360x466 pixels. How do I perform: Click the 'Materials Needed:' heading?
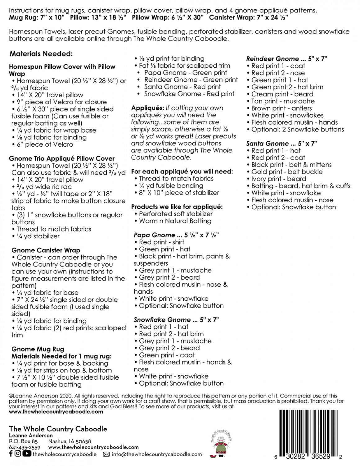point(41,54)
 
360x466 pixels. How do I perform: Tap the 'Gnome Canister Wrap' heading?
point(46,250)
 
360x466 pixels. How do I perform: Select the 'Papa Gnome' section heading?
point(154,235)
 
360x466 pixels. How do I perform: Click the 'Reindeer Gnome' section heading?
point(272,59)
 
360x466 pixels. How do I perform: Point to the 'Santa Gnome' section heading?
point(267,144)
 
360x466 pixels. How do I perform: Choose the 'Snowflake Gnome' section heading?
point(162,320)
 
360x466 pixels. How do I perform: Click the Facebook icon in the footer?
point(11,454)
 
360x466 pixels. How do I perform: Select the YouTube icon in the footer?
point(27,454)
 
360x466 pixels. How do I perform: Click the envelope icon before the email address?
point(106,454)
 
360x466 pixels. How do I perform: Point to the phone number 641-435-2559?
point(25,447)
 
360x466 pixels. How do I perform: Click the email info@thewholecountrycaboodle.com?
point(157,454)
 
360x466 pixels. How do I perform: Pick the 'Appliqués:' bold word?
point(147,108)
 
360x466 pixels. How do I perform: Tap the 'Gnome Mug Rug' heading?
point(38,349)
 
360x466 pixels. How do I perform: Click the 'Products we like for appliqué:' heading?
point(177,207)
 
